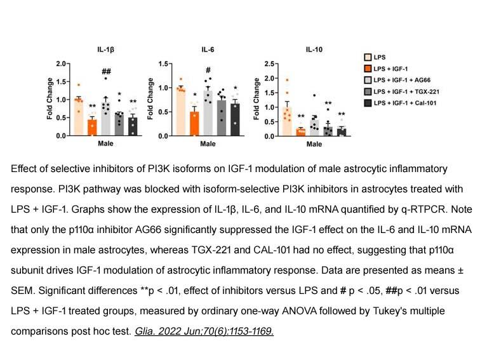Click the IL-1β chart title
[106, 50]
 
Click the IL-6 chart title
[208, 50]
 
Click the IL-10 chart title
[314, 50]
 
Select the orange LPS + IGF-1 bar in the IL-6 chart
[194, 124]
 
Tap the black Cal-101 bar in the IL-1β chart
[133, 126]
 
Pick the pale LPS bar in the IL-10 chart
[287, 121]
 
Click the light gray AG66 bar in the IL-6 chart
[208, 113]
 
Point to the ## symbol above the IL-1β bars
[106, 72]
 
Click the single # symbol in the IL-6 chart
[208, 70]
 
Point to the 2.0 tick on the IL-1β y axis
[61, 63]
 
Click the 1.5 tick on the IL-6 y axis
[163, 63]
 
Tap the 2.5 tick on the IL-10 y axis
[269, 63]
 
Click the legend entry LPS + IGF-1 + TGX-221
[402, 91]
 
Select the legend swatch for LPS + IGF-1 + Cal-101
[368, 103]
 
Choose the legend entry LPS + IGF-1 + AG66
[397, 80]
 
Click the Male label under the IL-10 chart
[314, 144]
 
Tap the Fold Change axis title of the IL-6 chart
[150, 98]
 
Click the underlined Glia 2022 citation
[204, 331]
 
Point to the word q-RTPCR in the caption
[425, 210]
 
